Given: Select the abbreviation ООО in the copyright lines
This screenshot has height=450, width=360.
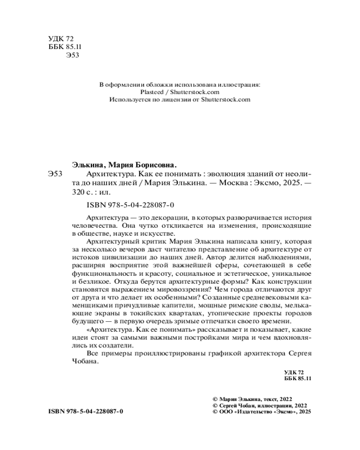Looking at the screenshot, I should pyautogui.click(x=225, y=411).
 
